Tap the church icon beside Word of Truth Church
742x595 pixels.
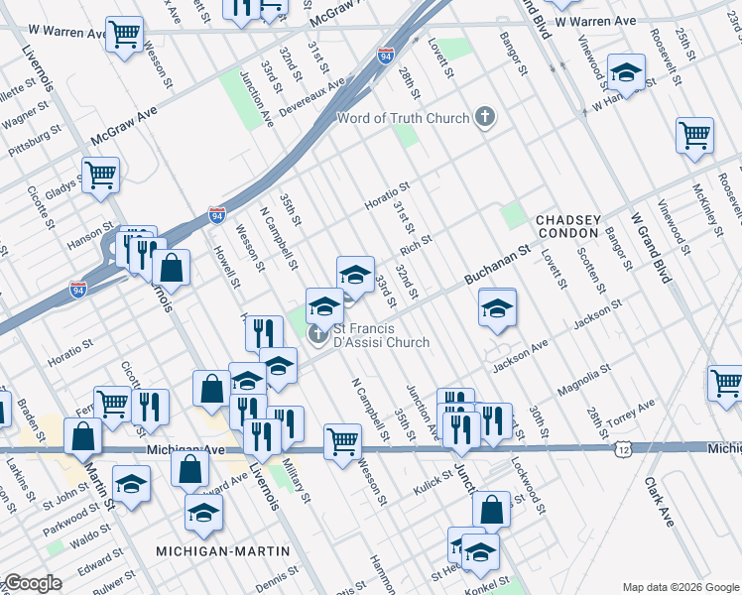click(x=485, y=119)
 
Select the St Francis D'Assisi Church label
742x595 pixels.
click(x=381, y=336)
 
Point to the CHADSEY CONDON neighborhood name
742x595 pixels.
click(x=567, y=226)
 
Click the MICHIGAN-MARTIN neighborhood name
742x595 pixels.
click(x=222, y=550)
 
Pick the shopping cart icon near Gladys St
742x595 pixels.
click(x=100, y=176)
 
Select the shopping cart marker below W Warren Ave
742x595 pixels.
click(x=124, y=35)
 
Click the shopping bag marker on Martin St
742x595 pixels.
click(x=83, y=436)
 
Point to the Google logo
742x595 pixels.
click(x=33, y=583)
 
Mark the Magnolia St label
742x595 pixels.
click(x=582, y=378)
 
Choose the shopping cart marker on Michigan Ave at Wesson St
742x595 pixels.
click(x=342, y=441)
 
